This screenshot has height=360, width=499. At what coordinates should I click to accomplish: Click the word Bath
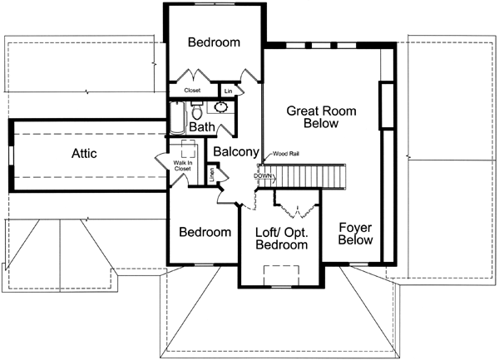click(x=202, y=127)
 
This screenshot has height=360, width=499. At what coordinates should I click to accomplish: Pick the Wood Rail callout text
click(x=285, y=153)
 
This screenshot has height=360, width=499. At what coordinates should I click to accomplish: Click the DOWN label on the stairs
click(x=263, y=176)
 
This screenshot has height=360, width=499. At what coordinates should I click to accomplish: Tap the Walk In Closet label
click(x=182, y=165)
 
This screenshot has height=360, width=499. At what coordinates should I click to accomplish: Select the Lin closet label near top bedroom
click(x=228, y=90)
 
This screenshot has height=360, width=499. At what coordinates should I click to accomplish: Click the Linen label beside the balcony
click(x=212, y=174)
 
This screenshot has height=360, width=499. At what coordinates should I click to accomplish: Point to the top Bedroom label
click(x=214, y=42)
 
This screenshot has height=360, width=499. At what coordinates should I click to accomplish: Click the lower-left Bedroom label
click(x=205, y=232)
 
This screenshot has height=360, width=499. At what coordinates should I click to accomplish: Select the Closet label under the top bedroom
click(x=192, y=90)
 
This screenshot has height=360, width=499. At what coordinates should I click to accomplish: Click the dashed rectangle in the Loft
click(x=280, y=275)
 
